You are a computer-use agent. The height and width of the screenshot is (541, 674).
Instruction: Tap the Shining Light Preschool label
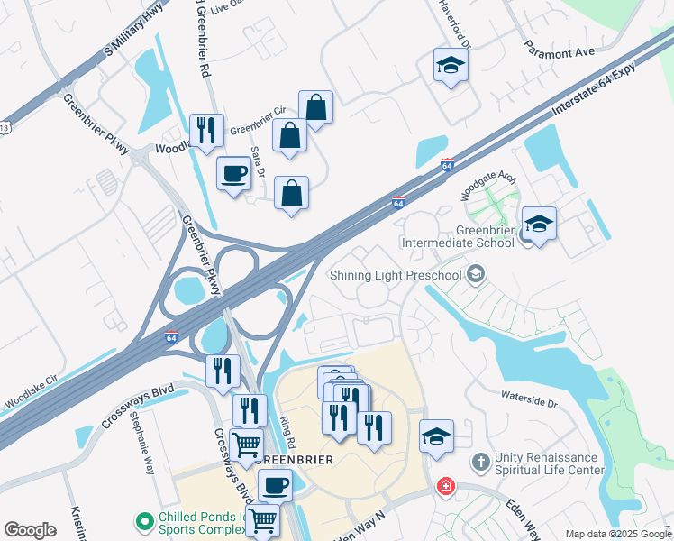(x=395, y=275)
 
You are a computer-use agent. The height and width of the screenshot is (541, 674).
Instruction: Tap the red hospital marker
(x=445, y=487)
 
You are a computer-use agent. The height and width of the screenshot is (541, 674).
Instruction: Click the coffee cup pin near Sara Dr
(x=234, y=173)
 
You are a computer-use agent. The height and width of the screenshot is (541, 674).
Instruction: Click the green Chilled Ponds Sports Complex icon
(x=143, y=521)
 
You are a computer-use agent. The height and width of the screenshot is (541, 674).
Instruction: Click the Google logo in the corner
(x=30, y=530)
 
